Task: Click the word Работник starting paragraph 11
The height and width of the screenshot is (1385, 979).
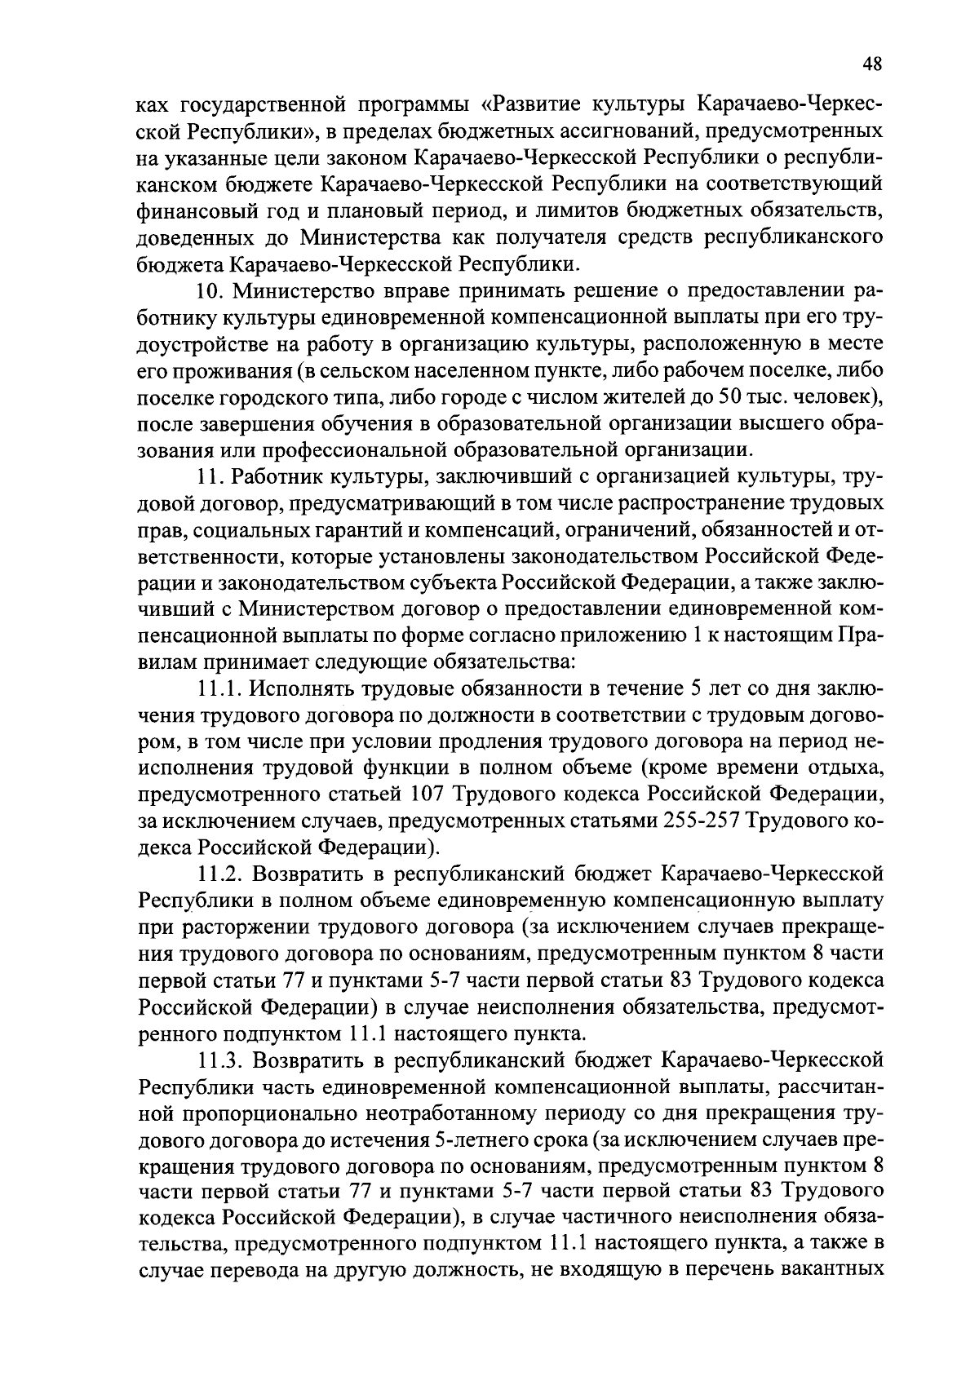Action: (277, 476)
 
